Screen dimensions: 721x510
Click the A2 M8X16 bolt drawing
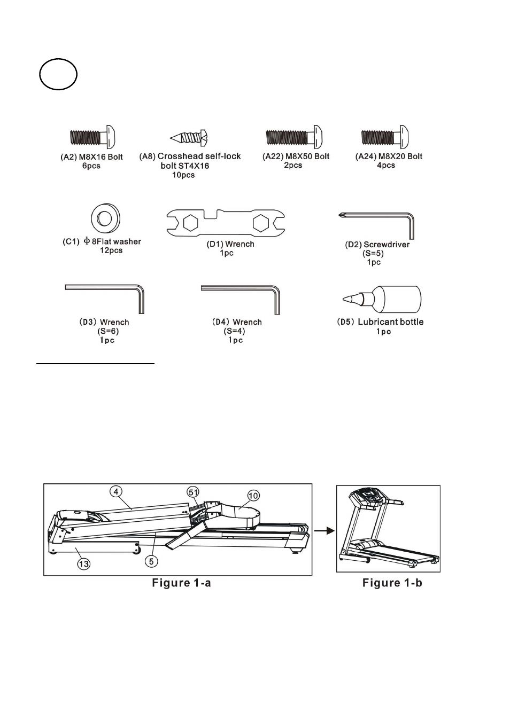[92, 138]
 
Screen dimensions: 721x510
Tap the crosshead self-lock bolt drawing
[189, 138]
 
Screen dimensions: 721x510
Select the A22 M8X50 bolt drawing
[293, 137]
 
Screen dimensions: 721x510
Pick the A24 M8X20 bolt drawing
[385, 137]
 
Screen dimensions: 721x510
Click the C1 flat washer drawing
[105, 218]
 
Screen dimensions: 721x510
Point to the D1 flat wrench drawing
[225, 223]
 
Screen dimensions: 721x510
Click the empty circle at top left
[58, 74]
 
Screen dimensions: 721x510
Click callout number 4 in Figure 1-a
[115, 491]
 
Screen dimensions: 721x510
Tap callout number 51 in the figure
[194, 492]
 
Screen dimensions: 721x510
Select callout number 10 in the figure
[253, 496]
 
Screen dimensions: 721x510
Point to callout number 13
[84, 563]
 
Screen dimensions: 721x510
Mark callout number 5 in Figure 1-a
[152, 561]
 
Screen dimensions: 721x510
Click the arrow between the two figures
[324, 531]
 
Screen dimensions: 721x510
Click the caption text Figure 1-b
[392, 583]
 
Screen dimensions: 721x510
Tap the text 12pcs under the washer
[111, 250]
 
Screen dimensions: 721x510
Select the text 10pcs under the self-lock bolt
[183, 175]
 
